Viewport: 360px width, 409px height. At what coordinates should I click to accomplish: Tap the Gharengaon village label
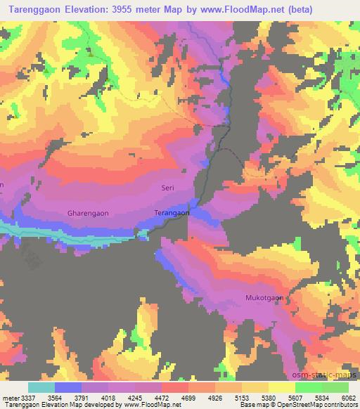pos(88,212)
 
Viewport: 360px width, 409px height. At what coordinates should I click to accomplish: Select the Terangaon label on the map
pos(172,212)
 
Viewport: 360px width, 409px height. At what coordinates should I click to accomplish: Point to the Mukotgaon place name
pos(264,297)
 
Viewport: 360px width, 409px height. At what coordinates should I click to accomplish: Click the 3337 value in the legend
pos(28,398)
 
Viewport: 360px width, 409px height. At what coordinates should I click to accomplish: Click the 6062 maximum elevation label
pos(348,398)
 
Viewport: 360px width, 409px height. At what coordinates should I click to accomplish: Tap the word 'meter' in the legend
pos(10,398)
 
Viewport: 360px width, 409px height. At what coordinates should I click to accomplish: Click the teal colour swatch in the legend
pos(41,387)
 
